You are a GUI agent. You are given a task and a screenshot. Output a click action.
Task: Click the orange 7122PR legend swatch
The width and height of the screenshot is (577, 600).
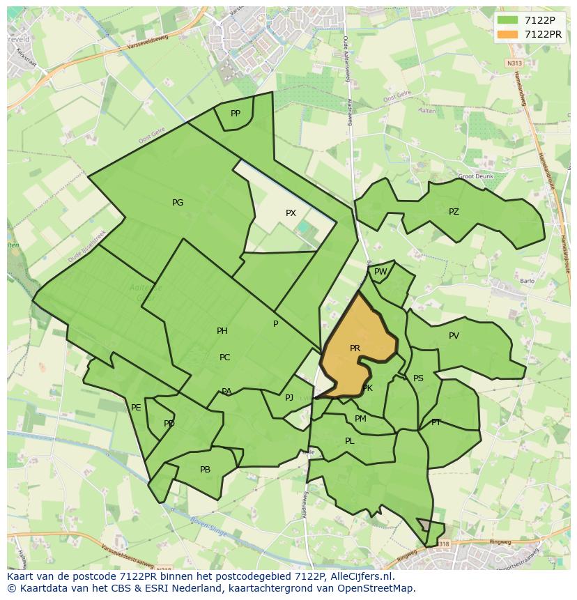coord(509,34)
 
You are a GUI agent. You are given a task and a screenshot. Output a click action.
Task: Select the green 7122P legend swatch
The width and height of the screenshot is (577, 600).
coord(509,20)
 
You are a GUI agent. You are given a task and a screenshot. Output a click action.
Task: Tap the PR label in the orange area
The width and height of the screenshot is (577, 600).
coord(355,348)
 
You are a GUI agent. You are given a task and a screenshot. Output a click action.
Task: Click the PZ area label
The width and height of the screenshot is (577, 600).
coord(454,212)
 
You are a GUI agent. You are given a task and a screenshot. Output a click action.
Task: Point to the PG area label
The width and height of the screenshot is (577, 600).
coord(178,203)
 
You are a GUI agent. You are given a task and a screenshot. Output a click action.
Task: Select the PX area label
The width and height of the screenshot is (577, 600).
coord(291,213)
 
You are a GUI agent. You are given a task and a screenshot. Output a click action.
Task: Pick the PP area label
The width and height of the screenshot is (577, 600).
coord(236,114)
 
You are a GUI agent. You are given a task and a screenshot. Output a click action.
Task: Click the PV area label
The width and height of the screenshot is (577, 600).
coord(454,336)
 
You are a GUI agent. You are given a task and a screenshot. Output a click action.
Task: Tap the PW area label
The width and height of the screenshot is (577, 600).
coord(380,272)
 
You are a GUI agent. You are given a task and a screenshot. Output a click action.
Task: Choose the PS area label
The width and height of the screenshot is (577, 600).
coord(418,379)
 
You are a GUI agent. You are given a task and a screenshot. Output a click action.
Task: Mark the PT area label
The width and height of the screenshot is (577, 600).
coord(436,422)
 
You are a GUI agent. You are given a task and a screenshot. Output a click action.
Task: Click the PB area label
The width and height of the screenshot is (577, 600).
coord(205,470)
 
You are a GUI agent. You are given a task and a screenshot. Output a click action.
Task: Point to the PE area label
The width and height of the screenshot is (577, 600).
coord(136,408)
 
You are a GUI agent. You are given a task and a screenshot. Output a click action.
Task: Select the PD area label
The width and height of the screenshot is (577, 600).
coord(169,424)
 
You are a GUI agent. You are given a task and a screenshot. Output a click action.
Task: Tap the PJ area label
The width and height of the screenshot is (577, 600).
coord(289,398)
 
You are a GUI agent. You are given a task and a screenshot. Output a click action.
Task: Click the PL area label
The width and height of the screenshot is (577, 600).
coord(350,441)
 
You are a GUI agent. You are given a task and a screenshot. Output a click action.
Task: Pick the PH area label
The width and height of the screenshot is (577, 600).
coord(222,331)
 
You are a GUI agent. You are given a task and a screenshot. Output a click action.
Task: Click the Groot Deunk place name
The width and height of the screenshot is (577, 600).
coord(475,176)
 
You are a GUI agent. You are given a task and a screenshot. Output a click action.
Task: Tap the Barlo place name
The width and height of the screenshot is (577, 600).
coord(527,282)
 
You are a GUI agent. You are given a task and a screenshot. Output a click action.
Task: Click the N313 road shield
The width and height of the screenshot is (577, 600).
coord(514,63)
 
